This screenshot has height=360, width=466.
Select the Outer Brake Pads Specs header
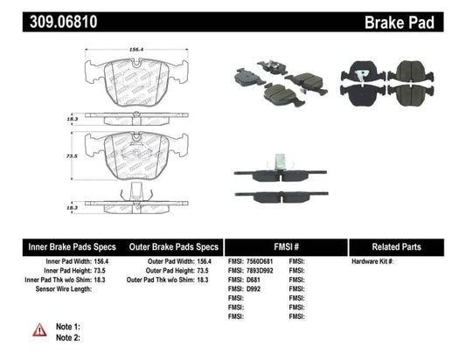174,247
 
